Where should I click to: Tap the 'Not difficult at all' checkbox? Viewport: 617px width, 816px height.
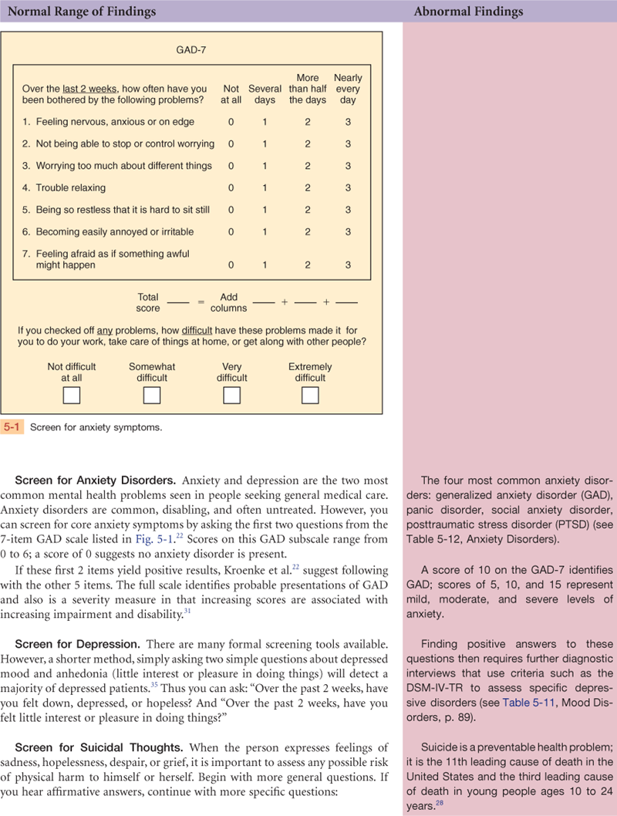pyautogui.click(x=71, y=395)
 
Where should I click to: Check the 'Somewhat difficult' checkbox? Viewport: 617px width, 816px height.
pyautogui.click(x=152, y=395)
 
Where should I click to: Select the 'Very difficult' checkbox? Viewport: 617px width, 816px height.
pyautogui.click(x=231, y=395)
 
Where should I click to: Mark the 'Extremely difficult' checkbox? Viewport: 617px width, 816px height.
pyautogui.click(x=310, y=395)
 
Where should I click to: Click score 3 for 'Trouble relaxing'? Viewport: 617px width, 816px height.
pyautogui.click(x=348, y=188)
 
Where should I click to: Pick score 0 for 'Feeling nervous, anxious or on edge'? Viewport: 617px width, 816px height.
pyautogui.click(x=231, y=122)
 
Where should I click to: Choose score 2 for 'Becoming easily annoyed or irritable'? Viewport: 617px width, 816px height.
pyautogui.click(x=308, y=232)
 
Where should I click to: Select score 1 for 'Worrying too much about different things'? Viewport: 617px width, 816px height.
pyautogui.click(x=265, y=166)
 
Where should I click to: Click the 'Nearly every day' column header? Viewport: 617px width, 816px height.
pyautogui.click(x=348, y=89)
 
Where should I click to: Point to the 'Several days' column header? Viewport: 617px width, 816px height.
pyautogui.click(x=265, y=94)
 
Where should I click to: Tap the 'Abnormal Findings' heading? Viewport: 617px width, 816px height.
pyautogui.click(x=468, y=12)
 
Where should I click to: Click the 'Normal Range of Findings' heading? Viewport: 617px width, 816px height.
pyautogui.click(x=81, y=12)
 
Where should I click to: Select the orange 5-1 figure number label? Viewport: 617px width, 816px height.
pyautogui.click(x=12, y=427)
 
